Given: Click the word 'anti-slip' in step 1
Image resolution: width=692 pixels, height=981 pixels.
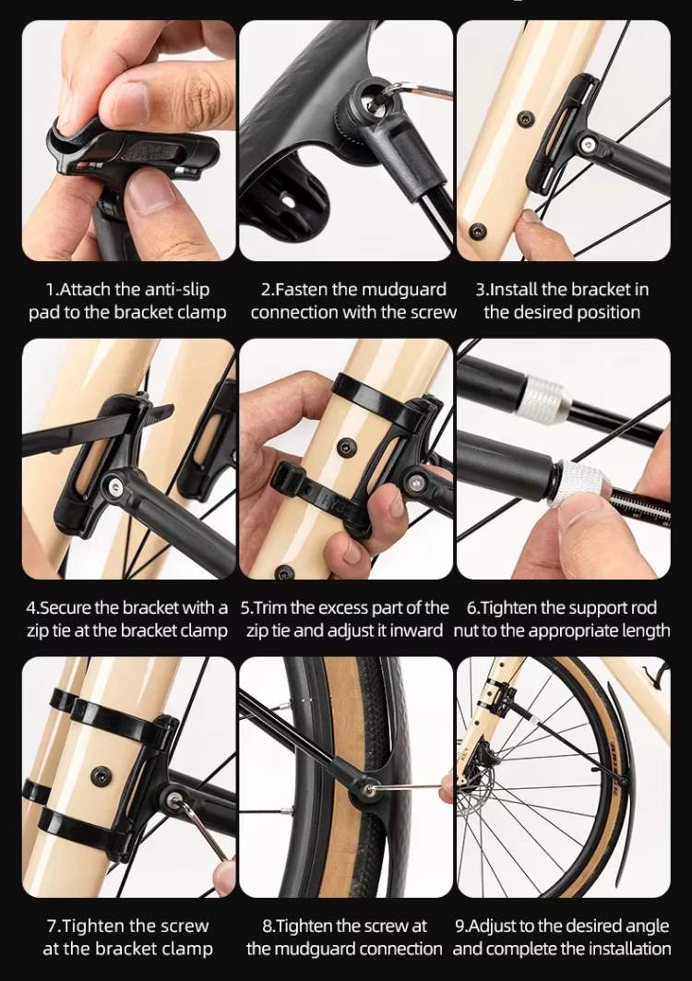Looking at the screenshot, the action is click(x=177, y=290).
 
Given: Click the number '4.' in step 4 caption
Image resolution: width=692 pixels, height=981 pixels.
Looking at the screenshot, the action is click(x=32, y=608).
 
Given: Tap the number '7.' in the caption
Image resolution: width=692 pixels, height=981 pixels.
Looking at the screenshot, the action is click(x=54, y=926).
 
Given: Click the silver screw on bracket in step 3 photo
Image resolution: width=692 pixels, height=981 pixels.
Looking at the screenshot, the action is click(x=586, y=145).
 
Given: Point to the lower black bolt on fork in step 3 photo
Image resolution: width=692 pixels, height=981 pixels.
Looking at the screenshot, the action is click(x=479, y=231).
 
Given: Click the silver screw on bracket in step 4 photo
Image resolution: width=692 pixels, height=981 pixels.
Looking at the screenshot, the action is click(x=113, y=484).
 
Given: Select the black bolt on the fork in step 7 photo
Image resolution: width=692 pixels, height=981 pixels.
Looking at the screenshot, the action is click(x=100, y=775).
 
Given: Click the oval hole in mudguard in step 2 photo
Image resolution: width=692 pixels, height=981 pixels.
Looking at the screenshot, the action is click(x=287, y=202).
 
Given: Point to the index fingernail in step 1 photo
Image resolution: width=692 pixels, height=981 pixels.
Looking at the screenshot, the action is click(x=131, y=102).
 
